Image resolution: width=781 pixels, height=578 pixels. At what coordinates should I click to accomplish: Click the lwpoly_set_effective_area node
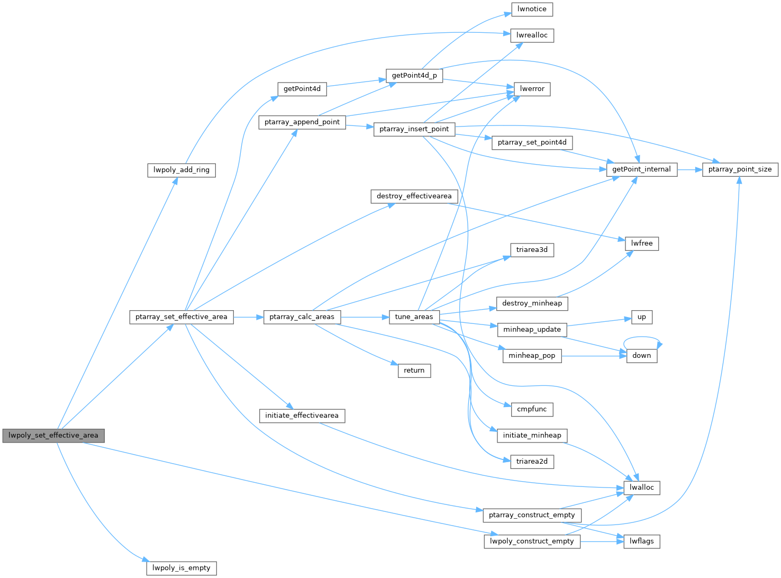tap(53, 436)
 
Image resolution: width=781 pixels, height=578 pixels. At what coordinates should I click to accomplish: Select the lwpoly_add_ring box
tap(181, 170)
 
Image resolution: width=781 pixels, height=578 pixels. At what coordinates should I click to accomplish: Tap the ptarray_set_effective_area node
tap(181, 317)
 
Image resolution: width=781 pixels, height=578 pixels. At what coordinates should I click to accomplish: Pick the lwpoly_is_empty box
tap(181, 568)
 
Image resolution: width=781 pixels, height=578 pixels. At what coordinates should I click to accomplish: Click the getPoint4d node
tap(302, 89)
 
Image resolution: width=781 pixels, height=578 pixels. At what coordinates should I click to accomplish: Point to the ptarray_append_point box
tap(302, 122)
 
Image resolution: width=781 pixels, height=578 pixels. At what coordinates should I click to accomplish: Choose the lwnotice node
tap(532, 9)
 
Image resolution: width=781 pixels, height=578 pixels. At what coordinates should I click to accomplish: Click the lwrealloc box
tap(532, 35)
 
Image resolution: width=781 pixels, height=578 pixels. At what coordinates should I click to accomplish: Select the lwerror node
tap(532, 89)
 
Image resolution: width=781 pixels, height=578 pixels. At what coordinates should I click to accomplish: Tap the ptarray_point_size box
tap(740, 170)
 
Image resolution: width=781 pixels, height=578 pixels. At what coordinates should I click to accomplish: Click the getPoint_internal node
tap(641, 170)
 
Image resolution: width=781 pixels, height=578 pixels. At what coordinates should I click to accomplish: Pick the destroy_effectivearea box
tap(414, 196)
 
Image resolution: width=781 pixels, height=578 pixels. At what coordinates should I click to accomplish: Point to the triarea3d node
tap(532, 250)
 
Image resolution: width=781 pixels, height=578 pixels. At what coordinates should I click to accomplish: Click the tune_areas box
tap(414, 317)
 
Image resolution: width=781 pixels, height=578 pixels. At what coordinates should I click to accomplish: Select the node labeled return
tap(414, 371)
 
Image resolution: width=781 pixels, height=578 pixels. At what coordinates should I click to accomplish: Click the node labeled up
tap(641, 317)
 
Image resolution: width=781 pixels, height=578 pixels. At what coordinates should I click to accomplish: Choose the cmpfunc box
tap(532, 409)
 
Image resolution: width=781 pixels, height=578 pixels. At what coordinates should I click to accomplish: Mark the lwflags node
tap(641, 541)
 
